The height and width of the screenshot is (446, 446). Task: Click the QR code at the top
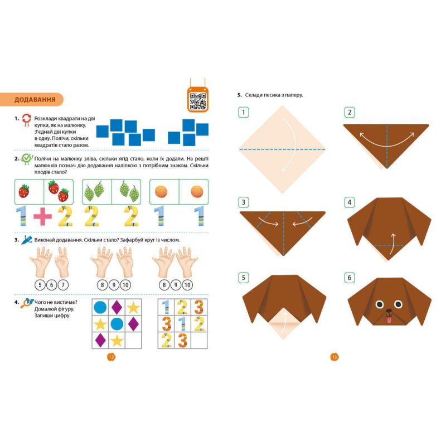[x=198, y=101]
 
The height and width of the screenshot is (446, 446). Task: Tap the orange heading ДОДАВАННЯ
[x=35, y=100]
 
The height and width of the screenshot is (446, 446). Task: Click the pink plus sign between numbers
[x=43, y=217]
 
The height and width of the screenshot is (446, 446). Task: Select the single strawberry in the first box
[x=24, y=191]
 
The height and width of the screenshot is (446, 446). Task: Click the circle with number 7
[x=63, y=285]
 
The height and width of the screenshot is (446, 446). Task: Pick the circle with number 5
[x=40, y=285]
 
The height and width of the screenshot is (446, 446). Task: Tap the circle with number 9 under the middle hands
[x=114, y=285]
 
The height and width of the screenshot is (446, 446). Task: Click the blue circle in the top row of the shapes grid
[x=100, y=308]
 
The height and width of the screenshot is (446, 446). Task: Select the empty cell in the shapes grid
[x=133, y=341]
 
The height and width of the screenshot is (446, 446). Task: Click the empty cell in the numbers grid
[x=199, y=341]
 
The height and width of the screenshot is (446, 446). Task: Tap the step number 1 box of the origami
[x=244, y=113]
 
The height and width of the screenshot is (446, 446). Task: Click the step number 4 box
[x=350, y=202]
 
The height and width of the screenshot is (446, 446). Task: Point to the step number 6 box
[x=350, y=278]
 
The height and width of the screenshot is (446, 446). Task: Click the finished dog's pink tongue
[x=389, y=320]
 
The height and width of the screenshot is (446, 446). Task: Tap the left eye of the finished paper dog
[x=380, y=304]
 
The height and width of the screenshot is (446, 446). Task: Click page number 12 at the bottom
[x=111, y=357]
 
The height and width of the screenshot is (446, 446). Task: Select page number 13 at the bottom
[x=334, y=357]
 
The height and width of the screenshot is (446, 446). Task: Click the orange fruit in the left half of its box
[x=161, y=191]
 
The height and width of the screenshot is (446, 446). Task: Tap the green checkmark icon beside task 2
[x=27, y=159]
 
